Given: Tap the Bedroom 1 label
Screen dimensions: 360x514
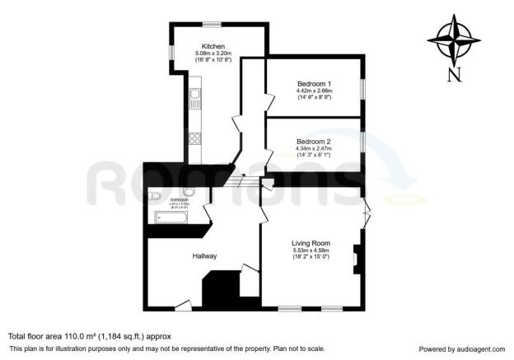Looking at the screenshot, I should click(x=313, y=83).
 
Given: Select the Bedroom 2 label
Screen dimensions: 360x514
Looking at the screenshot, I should click(x=313, y=141).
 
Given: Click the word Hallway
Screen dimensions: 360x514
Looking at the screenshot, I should click(x=205, y=256).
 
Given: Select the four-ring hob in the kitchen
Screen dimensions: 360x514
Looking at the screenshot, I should click(x=195, y=138).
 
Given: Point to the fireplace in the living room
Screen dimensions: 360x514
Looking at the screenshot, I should click(x=356, y=259).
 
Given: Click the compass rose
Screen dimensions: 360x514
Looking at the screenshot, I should click(x=454, y=39).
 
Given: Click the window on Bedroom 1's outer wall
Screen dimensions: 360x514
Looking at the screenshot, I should click(x=362, y=87).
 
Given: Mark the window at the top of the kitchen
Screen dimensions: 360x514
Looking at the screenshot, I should click(x=214, y=23).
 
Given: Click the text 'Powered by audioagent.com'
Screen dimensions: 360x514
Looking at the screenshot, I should click(x=463, y=348).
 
